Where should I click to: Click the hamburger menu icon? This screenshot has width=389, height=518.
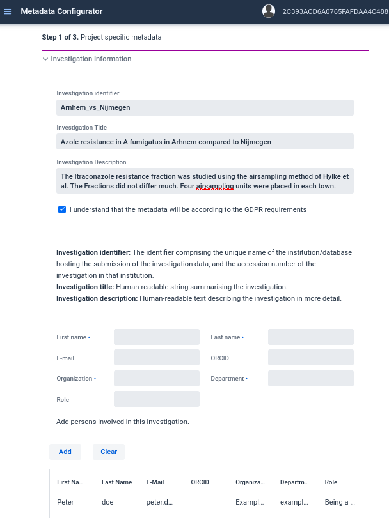[x=8, y=11]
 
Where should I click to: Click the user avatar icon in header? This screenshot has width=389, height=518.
[x=269, y=11]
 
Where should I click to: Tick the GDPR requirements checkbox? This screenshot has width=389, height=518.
[x=62, y=209]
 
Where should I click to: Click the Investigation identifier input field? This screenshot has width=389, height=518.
[x=205, y=107]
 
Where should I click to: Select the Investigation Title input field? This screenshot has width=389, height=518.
[x=205, y=142]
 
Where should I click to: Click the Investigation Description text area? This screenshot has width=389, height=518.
[x=205, y=181]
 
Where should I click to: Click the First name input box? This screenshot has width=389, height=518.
[x=157, y=337]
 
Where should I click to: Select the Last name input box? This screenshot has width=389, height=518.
[x=311, y=337]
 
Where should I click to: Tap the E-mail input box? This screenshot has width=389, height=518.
[x=157, y=358]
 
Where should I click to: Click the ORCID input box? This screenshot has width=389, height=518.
[x=311, y=358]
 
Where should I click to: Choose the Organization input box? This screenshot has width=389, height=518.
[x=157, y=379]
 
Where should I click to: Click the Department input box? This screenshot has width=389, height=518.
[x=311, y=379]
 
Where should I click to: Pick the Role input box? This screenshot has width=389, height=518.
[x=157, y=399]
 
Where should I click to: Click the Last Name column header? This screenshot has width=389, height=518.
[x=116, y=482]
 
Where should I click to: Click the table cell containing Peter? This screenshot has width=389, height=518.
[x=65, y=502]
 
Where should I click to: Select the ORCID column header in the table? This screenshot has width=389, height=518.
[x=200, y=482]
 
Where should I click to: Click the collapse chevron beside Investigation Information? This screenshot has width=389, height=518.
[x=45, y=59]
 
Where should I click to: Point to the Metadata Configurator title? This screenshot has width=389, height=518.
[x=61, y=11]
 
